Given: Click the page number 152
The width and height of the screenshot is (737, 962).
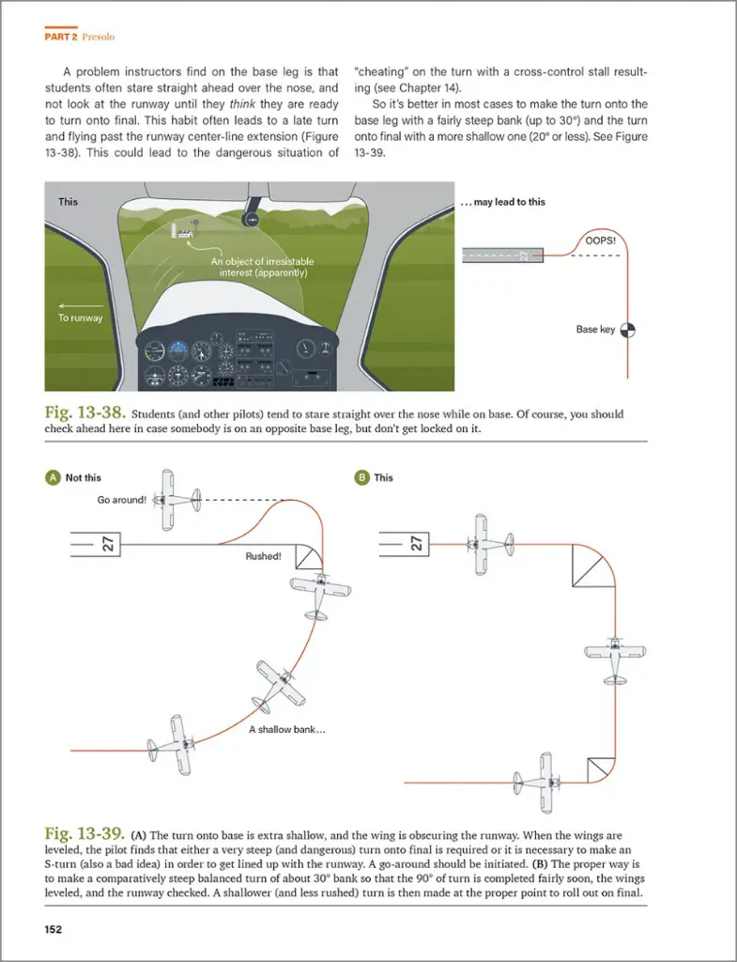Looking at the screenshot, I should pyautogui.click(x=54, y=929).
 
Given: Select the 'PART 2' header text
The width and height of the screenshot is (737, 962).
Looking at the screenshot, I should pyautogui.click(x=60, y=38).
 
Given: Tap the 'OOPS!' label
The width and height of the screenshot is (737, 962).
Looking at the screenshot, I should pyautogui.click(x=600, y=240).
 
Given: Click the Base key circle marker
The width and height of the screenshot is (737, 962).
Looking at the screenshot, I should pyautogui.click(x=630, y=330).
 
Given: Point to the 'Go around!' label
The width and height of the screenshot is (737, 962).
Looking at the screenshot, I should pyautogui.click(x=121, y=500).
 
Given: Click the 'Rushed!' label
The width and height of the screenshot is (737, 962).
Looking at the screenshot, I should pyautogui.click(x=263, y=556).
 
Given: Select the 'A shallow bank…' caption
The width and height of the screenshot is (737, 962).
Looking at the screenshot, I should pyautogui.click(x=286, y=729).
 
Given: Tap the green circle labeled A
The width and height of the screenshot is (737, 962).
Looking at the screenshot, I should pyautogui.click(x=53, y=477).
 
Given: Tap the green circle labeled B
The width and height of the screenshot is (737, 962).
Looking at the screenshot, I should pyautogui.click(x=361, y=477).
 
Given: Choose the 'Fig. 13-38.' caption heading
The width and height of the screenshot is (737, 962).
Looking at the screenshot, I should pyautogui.click(x=85, y=413).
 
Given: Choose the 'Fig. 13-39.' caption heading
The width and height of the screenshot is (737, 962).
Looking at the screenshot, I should pyautogui.click(x=85, y=833).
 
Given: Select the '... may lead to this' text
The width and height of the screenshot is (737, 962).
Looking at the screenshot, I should pyautogui.click(x=502, y=202).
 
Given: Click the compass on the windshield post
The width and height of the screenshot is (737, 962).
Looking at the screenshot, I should pyautogui.click(x=251, y=218).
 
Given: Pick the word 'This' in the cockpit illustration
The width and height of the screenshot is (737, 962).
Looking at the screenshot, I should pyautogui.click(x=68, y=202).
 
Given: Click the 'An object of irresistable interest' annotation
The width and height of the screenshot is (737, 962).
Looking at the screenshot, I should pyautogui.click(x=262, y=267).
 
